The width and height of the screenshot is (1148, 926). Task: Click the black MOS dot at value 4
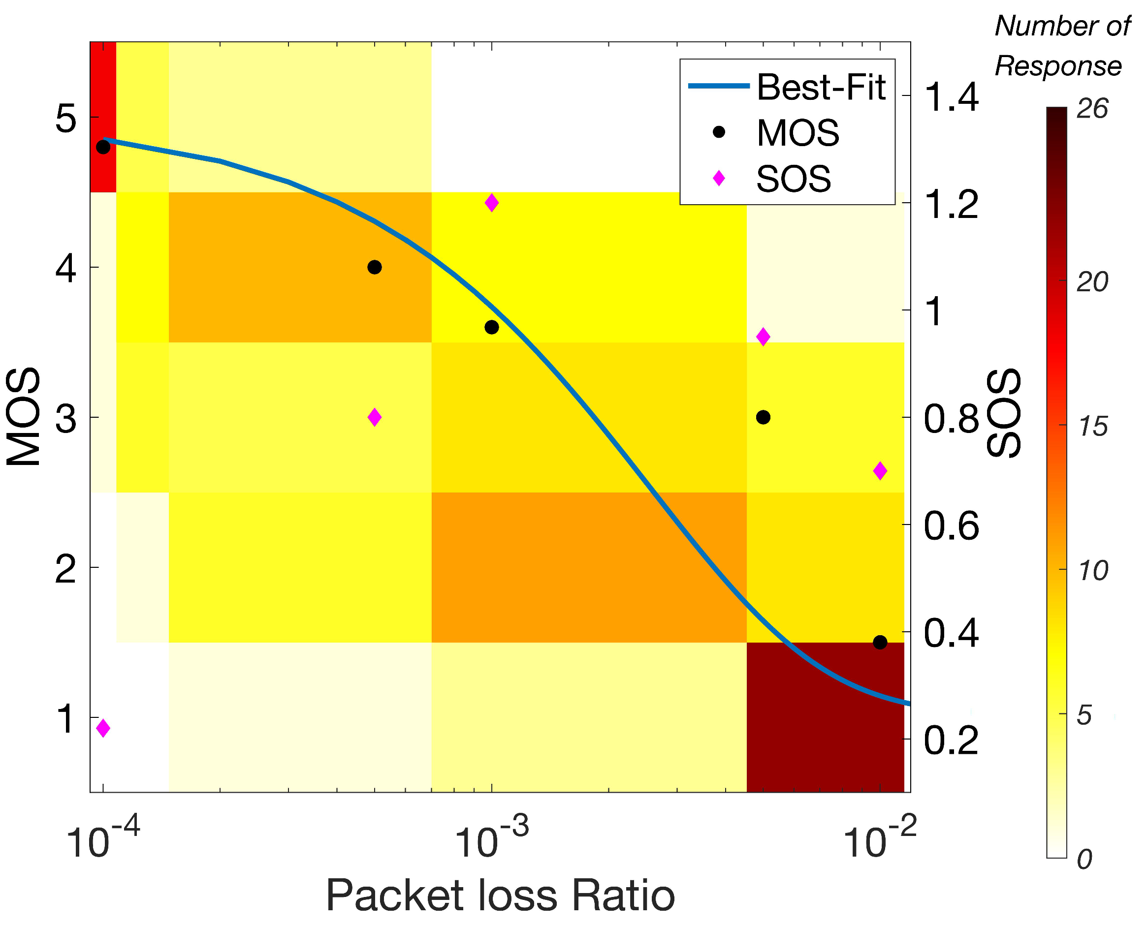375,267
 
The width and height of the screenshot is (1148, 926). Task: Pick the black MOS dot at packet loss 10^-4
103,147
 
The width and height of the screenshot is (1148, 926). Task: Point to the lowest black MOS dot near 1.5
880,642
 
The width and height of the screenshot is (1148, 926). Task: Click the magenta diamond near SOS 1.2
491,203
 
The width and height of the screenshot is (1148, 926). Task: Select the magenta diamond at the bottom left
103,728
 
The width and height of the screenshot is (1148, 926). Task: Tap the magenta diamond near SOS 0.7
880,471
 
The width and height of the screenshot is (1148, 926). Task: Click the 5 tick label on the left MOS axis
66,119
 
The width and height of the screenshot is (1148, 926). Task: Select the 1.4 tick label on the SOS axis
951,97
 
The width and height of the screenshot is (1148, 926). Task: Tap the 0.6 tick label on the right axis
951,526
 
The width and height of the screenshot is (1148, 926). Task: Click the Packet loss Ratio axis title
500,896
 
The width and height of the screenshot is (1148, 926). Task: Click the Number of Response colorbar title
1062,47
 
